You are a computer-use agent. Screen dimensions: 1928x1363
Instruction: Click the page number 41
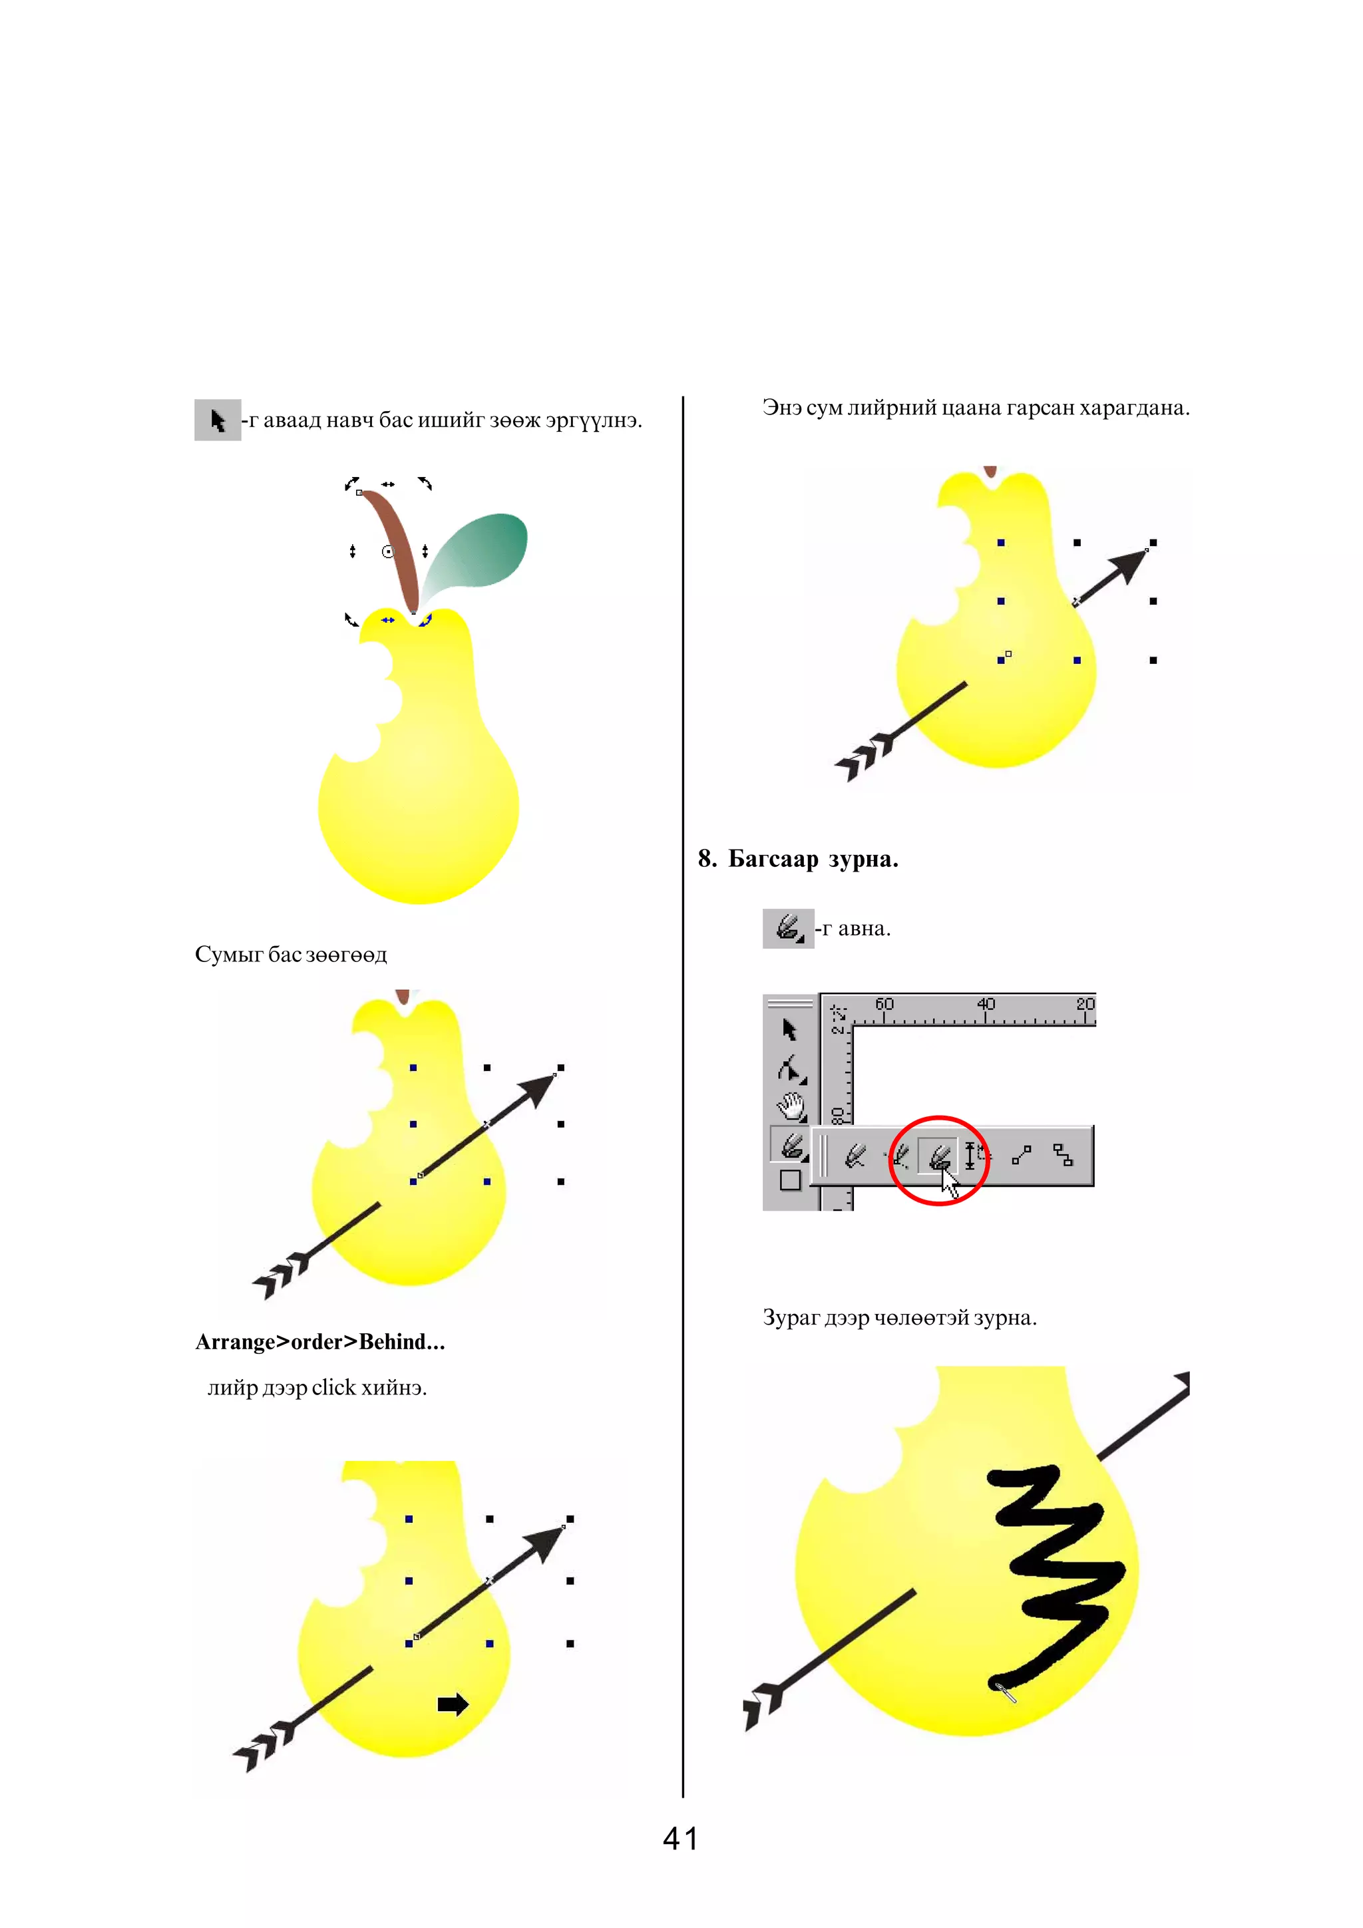click(x=680, y=1839)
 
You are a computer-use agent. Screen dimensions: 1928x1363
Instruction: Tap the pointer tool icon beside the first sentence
click(x=218, y=420)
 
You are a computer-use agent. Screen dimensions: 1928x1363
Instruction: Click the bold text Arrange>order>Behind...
click(x=319, y=1342)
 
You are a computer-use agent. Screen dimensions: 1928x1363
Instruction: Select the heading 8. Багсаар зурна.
click(x=798, y=859)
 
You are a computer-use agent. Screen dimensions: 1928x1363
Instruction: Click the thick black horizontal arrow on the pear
click(x=453, y=1704)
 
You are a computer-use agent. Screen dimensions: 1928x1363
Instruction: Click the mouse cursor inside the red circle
click(x=950, y=1184)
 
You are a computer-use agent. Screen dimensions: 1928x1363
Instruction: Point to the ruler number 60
click(x=884, y=1005)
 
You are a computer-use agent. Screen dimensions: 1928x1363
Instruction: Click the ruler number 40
click(x=985, y=1005)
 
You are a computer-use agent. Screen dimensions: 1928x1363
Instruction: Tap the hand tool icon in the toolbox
click(x=789, y=1107)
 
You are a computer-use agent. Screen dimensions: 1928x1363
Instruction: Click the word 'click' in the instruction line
click(x=333, y=1388)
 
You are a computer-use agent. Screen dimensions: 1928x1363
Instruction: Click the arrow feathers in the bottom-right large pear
click(x=763, y=1704)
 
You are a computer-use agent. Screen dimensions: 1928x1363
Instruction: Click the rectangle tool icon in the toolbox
click(x=789, y=1181)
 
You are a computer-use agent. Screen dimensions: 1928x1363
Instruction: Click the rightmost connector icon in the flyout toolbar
click(x=1062, y=1156)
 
